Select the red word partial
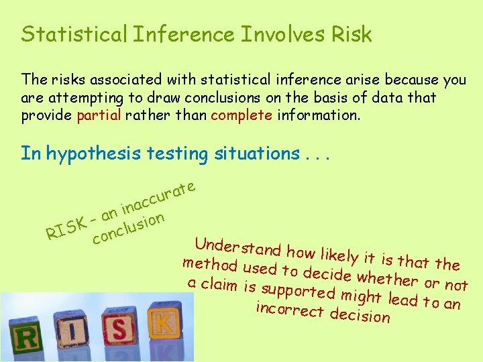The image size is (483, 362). coord(99,115)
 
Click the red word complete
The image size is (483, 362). coord(241,115)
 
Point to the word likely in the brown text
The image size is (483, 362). coord(339,255)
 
